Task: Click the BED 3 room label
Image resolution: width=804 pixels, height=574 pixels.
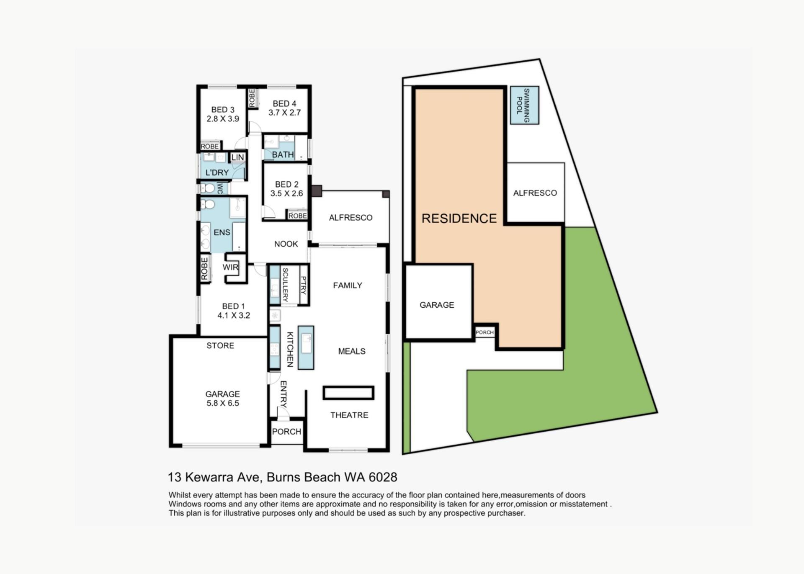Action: (x=222, y=110)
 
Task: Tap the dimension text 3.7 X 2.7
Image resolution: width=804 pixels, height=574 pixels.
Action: (x=285, y=113)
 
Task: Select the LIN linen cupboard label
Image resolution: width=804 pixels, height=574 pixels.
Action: (x=238, y=157)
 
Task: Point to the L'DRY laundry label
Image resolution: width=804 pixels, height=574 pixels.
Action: (x=217, y=172)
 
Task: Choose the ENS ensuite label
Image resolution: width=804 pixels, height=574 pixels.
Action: (x=222, y=232)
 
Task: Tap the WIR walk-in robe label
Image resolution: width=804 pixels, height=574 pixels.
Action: (x=230, y=267)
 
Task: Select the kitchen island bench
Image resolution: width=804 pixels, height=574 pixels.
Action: (x=306, y=347)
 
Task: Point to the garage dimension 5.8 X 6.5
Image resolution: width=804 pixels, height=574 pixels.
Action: (x=222, y=403)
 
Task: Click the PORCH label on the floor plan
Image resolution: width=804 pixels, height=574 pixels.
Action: (x=286, y=431)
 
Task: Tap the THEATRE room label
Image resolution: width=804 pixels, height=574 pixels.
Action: (x=349, y=415)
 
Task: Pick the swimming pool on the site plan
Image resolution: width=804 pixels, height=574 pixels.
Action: (x=524, y=105)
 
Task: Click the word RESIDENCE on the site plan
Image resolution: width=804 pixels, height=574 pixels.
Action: (x=459, y=218)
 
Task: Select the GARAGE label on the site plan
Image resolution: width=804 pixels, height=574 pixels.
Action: (x=437, y=305)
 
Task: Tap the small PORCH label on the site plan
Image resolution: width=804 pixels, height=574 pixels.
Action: (x=484, y=332)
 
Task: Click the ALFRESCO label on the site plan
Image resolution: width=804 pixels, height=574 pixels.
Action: (x=535, y=193)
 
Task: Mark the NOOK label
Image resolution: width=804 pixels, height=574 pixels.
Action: (x=286, y=244)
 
